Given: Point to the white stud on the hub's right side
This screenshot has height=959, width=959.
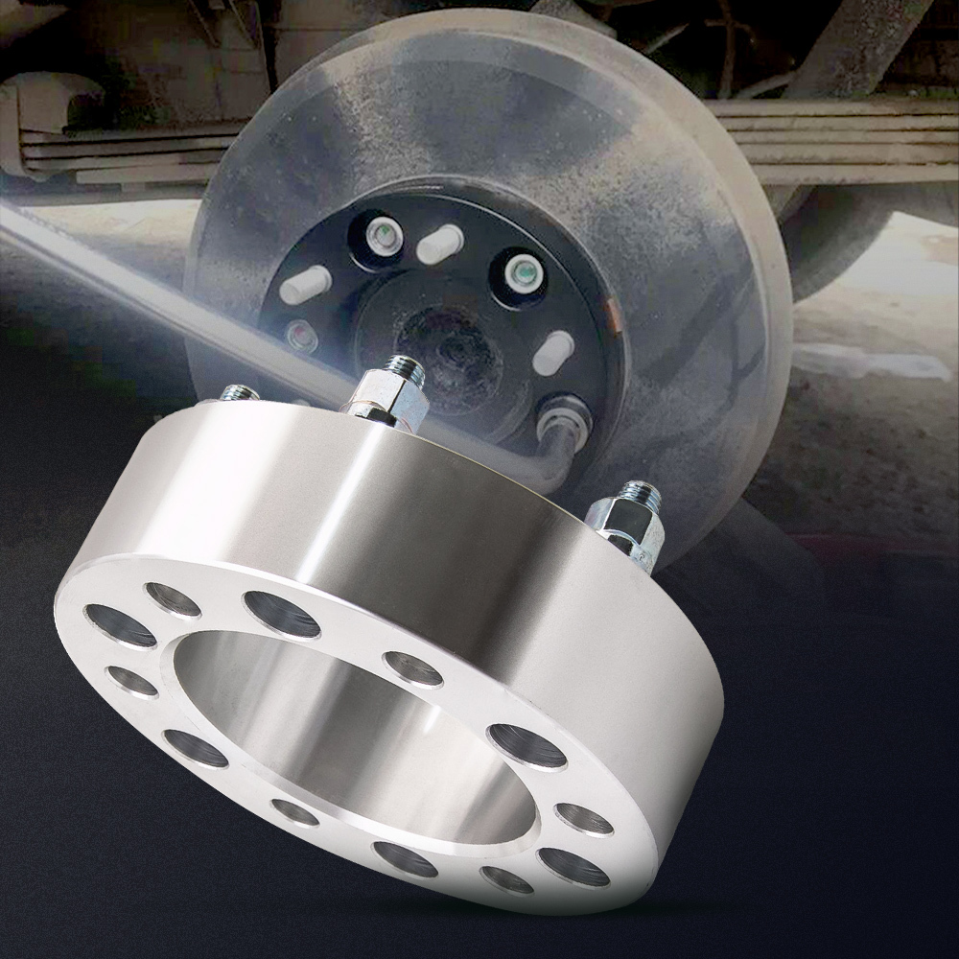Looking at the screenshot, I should tap(554, 354).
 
